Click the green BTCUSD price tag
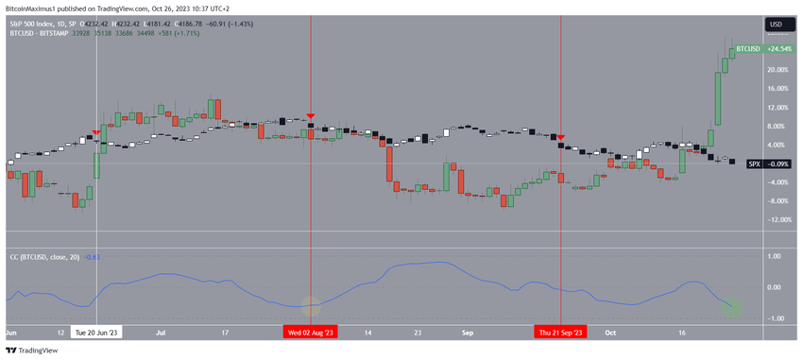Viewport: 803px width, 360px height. click(x=748, y=48)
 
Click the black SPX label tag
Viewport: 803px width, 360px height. click(x=754, y=163)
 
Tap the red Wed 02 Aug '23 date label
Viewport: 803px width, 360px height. click(x=311, y=333)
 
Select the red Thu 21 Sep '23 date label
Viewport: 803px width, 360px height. click(x=561, y=333)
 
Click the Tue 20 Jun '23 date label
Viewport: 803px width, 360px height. click(x=97, y=333)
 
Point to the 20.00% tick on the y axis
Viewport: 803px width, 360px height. click(x=777, y=70)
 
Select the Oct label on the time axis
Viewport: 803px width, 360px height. click(x=610, y=333)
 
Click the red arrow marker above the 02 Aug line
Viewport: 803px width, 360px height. click(x=311, y=114)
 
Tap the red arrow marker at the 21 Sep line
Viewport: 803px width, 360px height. click(x=561, y=138)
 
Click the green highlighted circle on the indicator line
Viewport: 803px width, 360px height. click(x=733, y=305)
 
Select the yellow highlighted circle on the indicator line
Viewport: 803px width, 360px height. click(x=311, y=305)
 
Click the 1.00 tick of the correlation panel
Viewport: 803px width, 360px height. click(x=774, y=256)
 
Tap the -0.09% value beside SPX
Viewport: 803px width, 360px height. click(x=779, y=163)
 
